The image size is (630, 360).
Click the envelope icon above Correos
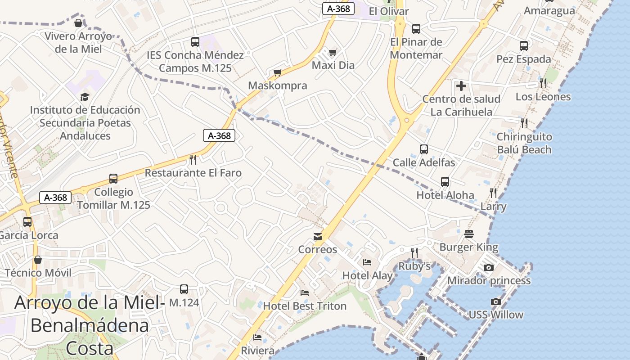click(x=318, y=237)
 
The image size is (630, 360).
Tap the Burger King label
click(x=468, y=247)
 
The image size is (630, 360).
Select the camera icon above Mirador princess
click(x=489, y=267)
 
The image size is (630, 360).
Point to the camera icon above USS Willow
click(x=495, y=301)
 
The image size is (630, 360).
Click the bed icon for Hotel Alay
click(x=367, y=262)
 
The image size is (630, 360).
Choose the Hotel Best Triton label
click(x=305, y=306)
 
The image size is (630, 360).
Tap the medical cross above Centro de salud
click(x=461, y=86)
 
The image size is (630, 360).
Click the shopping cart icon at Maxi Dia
click(x=333, y=53)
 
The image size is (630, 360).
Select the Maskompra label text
click(x=278, y=85)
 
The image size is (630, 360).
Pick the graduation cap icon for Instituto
click(x=85, y=97)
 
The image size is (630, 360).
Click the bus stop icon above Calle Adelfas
click(x=423, y=149)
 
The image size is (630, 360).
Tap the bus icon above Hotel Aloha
click(x=445, y=182)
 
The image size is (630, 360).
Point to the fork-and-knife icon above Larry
click(x=493, y=193)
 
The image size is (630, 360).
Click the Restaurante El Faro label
click(x=193, y=173)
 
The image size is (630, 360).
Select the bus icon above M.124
click(x=184, y=289)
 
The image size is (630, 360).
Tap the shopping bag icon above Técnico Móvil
click(x=38, y=260)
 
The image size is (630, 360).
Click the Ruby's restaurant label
click(x=414, y=266)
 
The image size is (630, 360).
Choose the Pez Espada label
click(x=523, y=59)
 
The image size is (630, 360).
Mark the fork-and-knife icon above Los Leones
click(x=543, y=83)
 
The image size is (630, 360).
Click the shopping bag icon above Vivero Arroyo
click(x=78, y=23)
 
